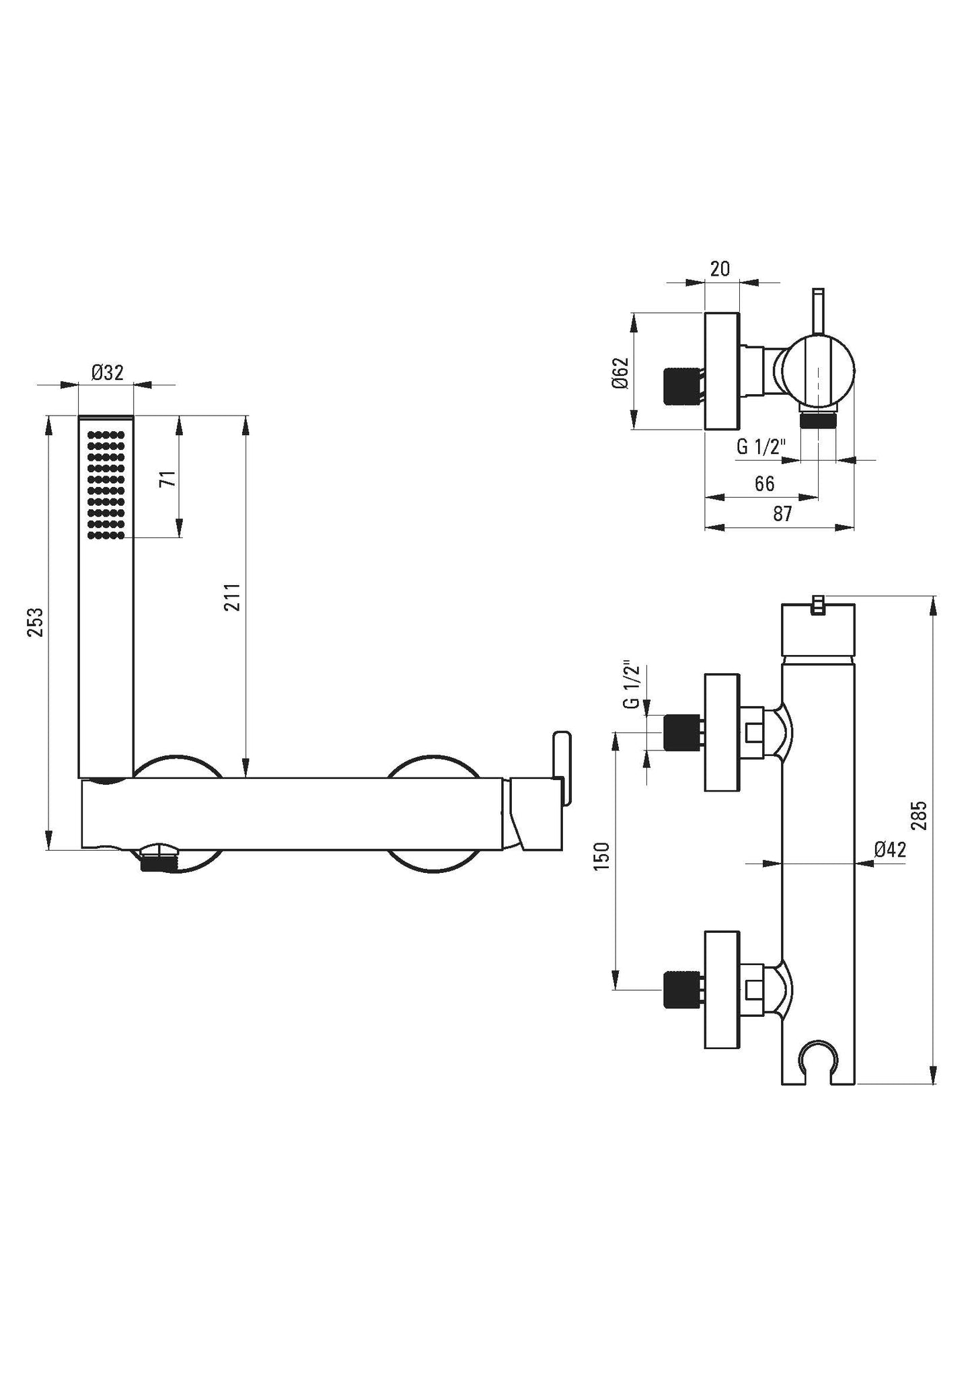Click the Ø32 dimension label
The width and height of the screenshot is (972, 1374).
click(108, 373)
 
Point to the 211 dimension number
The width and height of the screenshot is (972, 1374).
click(233, 597)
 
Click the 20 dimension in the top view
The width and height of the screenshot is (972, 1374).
click(720, 269)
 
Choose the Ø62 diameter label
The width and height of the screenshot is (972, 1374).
click(621, 372)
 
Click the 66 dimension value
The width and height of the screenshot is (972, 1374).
click(764, 484)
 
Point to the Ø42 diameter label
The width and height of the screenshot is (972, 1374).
click(890, 849)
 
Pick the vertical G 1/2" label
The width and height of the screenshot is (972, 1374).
click(630, 685)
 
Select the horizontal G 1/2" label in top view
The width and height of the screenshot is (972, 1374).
click(760, 447)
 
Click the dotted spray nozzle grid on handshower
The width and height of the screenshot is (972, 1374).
click(106, 485)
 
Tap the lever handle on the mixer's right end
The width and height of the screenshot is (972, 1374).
click(562, 767)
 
